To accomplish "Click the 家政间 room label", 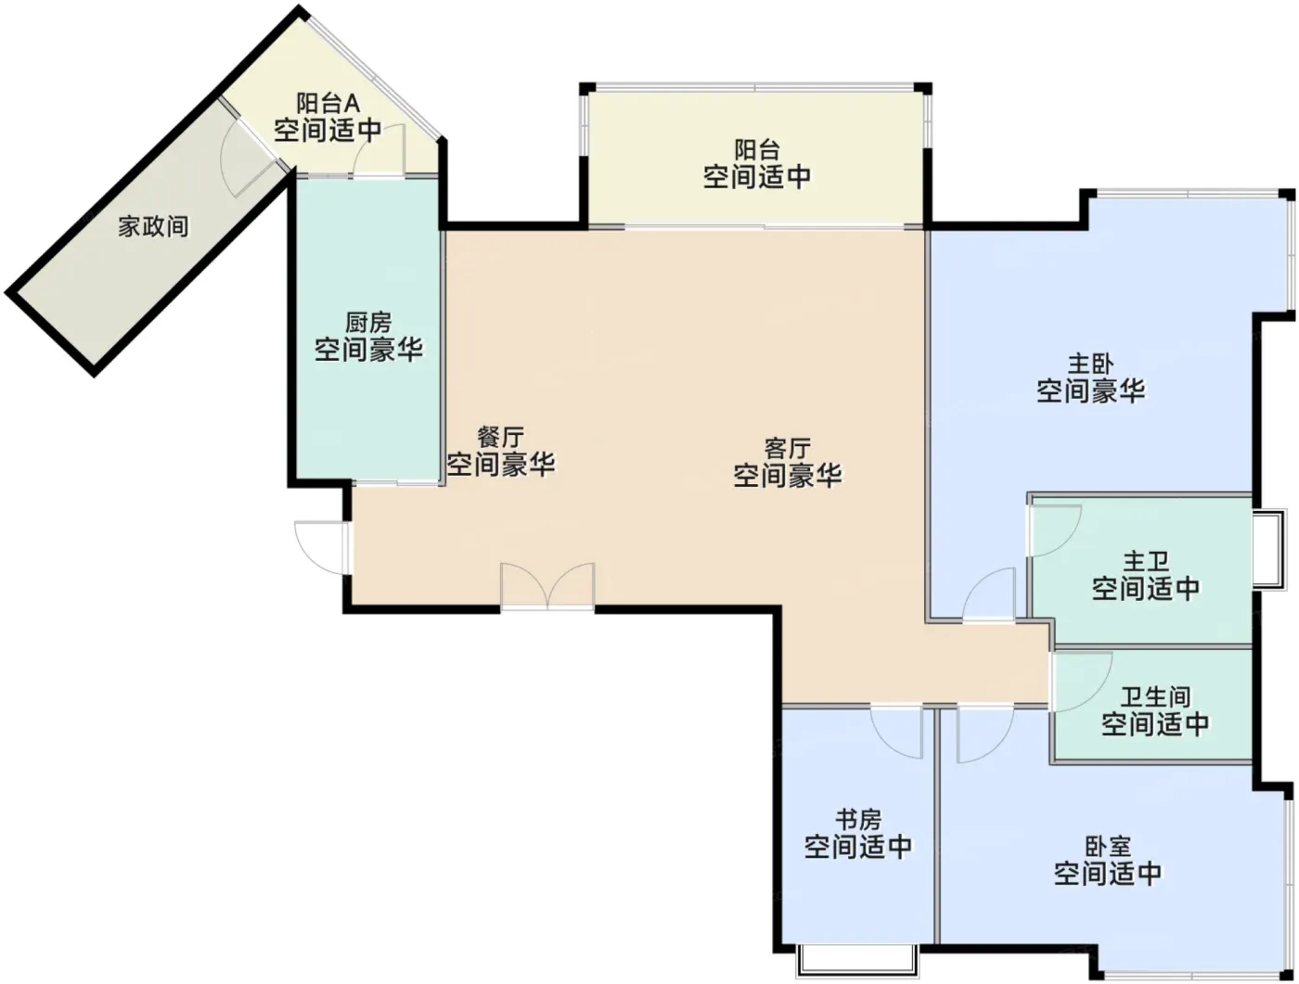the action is [153, 226].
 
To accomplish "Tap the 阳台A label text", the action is [328, 104].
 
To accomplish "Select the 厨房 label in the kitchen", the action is [368, 323].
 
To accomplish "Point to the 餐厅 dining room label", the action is [501, 438].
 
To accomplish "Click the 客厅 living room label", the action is [787, 449].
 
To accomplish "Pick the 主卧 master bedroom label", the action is [1090, 364].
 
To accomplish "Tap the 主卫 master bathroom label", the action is [1146, 562].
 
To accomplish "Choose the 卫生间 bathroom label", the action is [1155, 697].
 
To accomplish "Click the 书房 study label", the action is [858, 820].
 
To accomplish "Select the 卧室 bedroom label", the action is [1108, 846].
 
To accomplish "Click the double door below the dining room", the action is [547, 586].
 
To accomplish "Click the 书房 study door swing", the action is [896, 732].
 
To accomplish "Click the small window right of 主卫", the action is [1268, 549].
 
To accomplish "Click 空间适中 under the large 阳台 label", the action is [757, 176].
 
